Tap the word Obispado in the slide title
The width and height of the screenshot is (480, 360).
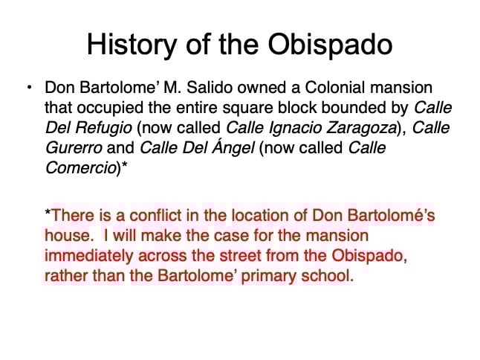coord(330,45)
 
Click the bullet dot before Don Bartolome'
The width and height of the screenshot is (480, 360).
coord(30,88)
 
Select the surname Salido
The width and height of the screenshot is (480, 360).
coord(210,88)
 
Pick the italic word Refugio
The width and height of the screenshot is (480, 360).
coord(104,128)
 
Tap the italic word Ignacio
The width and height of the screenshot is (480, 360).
coord(294,128)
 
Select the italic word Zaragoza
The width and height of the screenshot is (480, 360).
coord(361,128)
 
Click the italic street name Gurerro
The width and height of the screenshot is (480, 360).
coord(74,148)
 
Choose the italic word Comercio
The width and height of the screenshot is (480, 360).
coord(81,168)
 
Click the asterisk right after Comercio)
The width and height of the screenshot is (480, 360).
coord(124,164)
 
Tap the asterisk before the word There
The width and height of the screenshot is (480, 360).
coord(48,211)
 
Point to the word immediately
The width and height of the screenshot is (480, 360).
coord(88,256)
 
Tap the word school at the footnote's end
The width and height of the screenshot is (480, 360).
coord(327,276)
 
